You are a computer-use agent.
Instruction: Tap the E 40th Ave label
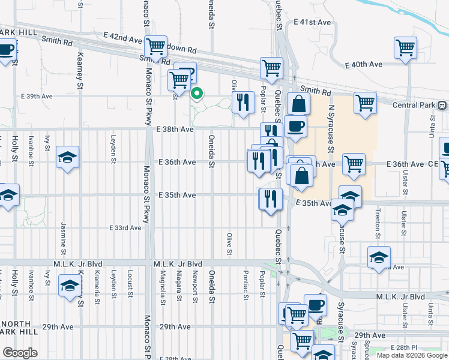(364, 64)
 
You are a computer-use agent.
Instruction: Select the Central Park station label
(411, 105)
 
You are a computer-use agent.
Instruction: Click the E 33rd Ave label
(127, 228)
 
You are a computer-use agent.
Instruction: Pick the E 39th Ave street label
(37, 96)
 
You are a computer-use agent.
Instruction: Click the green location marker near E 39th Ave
(197, 94)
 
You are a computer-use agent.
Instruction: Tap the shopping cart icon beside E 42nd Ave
(156, 46)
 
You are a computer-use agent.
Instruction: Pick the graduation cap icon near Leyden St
(67, 158)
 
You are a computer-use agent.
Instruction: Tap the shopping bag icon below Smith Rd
(298, 104)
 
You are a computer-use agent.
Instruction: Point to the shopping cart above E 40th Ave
(405, 47)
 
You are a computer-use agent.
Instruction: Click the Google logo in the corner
(20, 353)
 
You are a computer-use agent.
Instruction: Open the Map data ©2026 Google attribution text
(411, 355)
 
